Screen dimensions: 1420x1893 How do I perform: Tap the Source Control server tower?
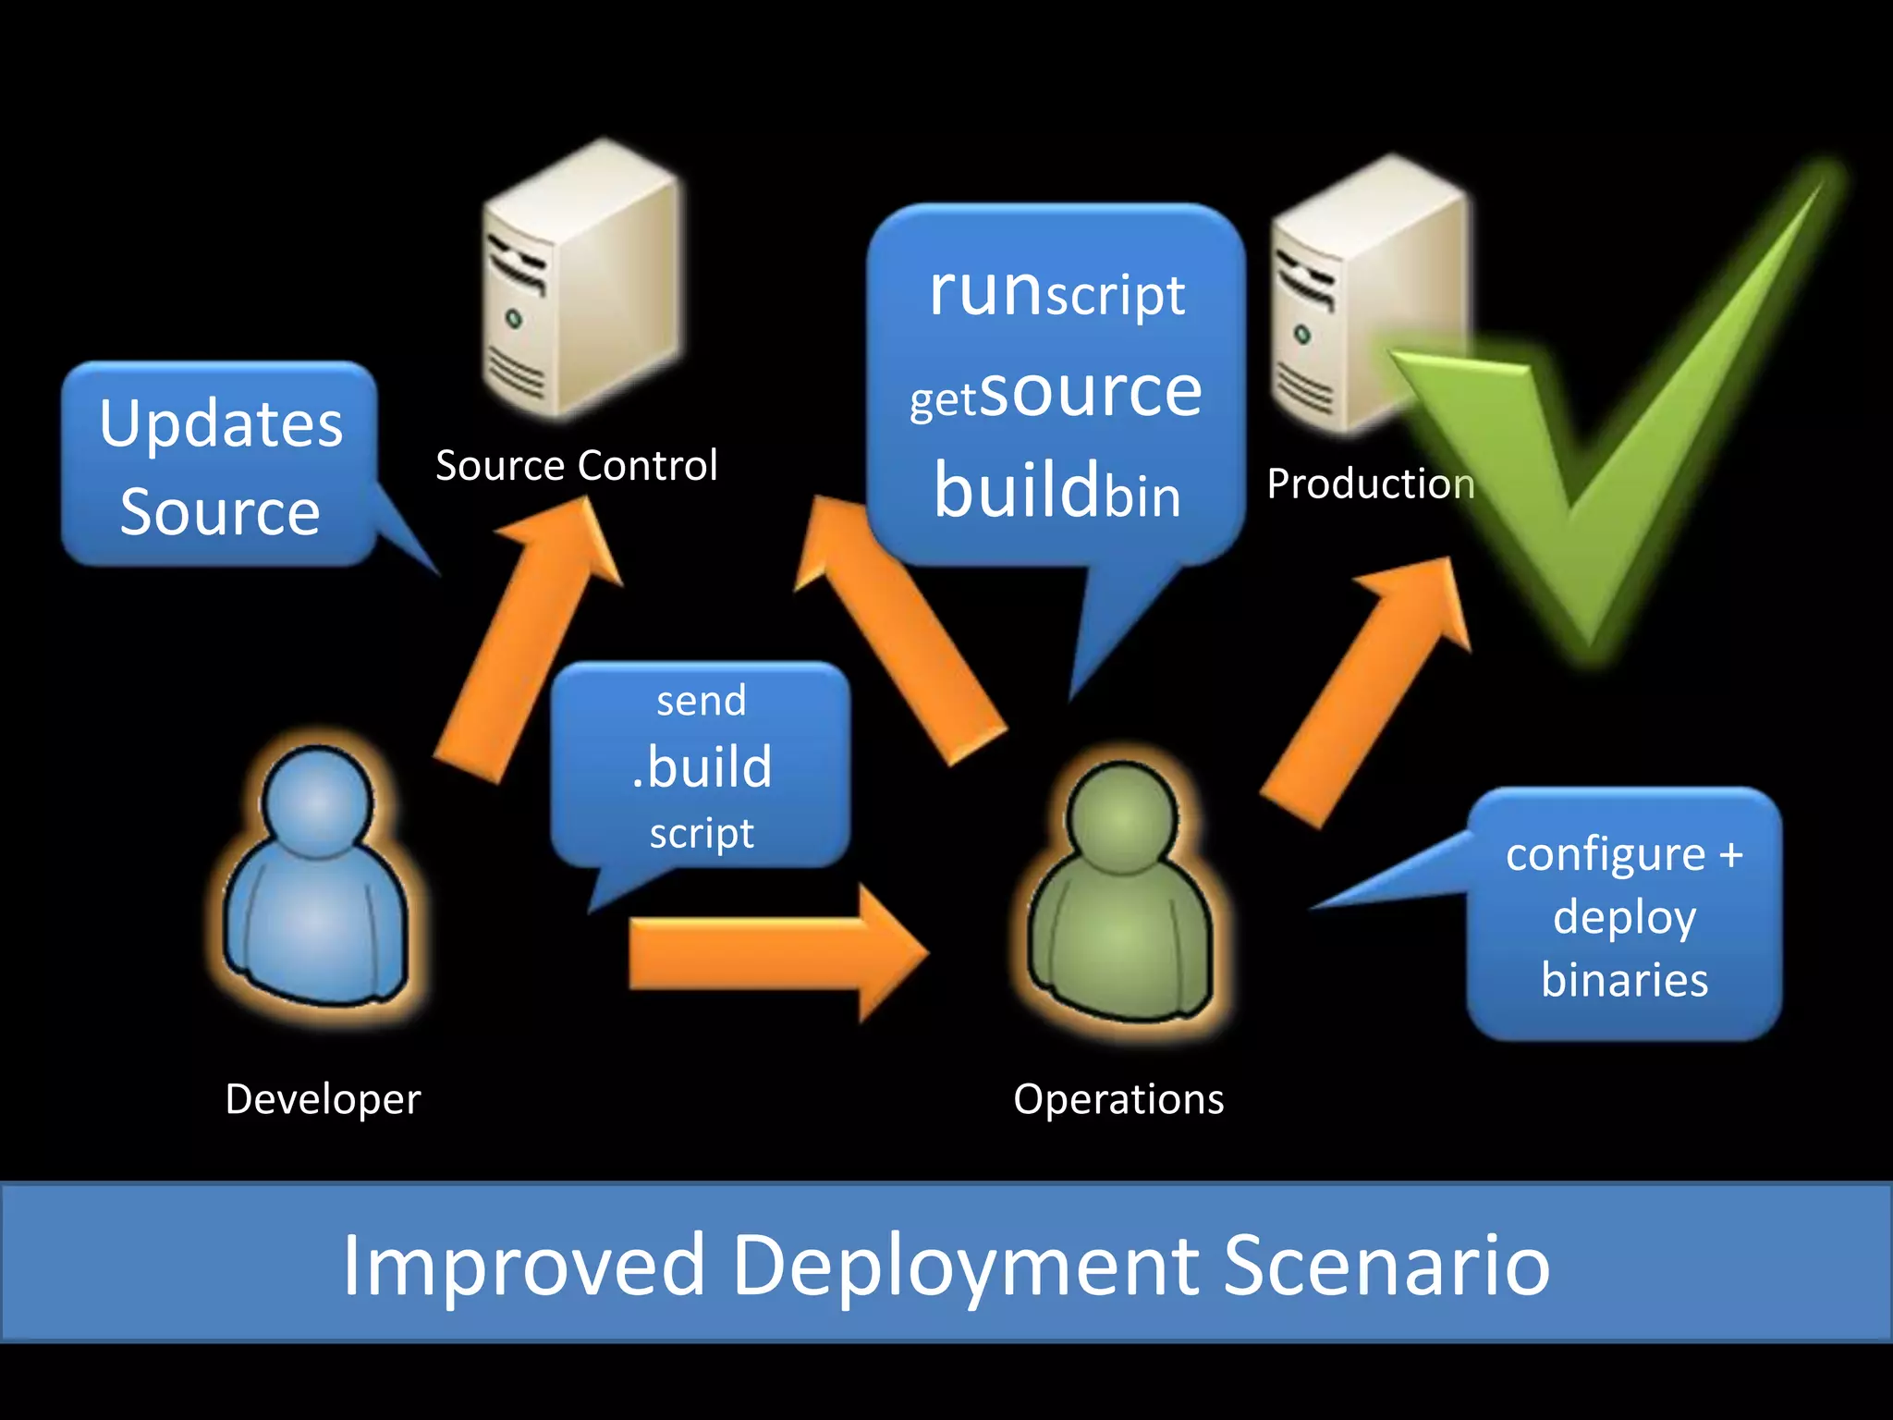point(582,282)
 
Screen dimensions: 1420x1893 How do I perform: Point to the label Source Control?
point(576,465)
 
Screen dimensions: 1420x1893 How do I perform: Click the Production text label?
point(1370,484)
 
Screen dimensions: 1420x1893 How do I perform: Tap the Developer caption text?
point(323,1099)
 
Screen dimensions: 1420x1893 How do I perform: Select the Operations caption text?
point(1118,1099)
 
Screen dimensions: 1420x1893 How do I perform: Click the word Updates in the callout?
point(221,424)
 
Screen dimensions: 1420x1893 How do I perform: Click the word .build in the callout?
point(702,766)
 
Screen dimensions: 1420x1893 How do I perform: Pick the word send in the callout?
point(701,701)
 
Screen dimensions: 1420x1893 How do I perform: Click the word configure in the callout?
point(1605,855)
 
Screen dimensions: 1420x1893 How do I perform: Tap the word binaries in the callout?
point(1624,980)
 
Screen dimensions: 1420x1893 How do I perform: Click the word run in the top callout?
point(985,290)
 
